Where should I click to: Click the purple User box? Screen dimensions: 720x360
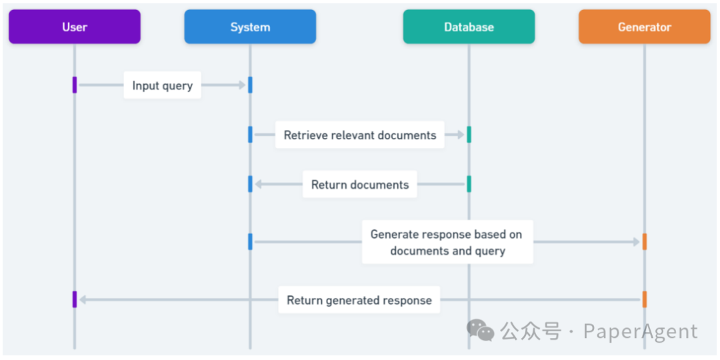75,27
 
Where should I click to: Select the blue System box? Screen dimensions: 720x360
250,27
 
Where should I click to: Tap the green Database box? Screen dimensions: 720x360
469,27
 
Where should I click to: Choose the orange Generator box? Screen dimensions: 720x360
644,27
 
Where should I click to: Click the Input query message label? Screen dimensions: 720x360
162,85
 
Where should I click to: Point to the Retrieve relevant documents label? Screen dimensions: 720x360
359,135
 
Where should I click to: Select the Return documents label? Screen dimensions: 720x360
359,184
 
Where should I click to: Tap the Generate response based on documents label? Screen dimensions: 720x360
447,242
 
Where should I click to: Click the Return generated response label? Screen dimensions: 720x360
359,300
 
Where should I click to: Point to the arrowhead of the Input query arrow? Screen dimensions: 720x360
243,85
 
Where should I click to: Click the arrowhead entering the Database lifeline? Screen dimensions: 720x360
461,135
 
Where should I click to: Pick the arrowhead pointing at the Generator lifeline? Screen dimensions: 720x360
637,242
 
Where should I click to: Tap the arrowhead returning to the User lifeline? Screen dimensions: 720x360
83,300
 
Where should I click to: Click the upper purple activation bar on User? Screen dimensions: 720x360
75,85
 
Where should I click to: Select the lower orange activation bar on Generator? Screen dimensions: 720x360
644,299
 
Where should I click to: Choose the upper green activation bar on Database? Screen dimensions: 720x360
469,135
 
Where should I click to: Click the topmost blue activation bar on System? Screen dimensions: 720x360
250,85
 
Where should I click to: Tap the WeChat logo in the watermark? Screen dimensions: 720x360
480,330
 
